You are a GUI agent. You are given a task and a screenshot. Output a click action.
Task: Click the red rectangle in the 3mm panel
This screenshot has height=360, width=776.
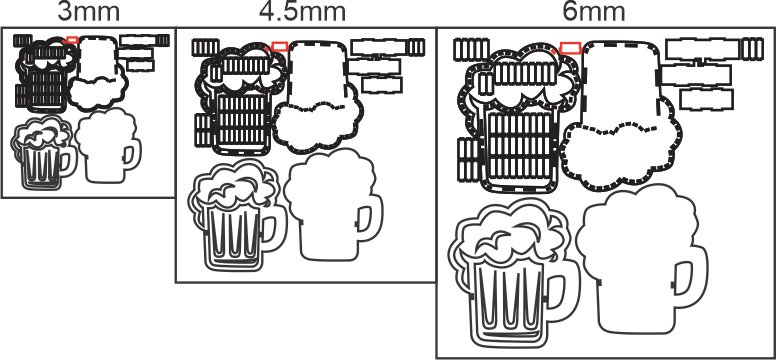(72, 39)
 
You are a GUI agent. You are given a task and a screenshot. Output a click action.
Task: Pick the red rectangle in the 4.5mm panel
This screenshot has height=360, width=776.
(280, 45)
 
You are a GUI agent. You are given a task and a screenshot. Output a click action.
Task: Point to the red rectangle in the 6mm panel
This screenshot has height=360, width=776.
(571, 47)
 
